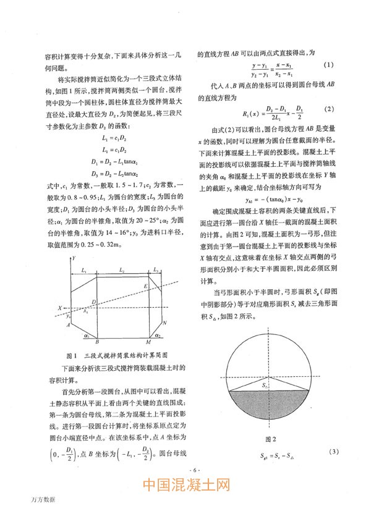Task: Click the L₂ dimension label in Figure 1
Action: click(122, 254)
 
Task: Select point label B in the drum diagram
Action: click(96, 342)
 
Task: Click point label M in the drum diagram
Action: click(148, 342)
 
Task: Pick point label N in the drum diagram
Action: click(164, 323)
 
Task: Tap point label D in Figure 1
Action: click(93, 301)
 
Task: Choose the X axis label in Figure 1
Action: click(60, 307)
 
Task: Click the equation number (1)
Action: click(329, 65)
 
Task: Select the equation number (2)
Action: click(329, 109)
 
